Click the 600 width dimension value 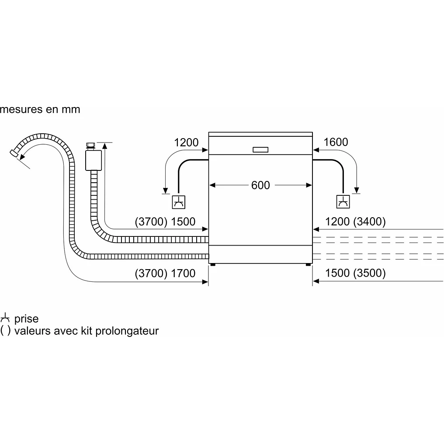260,185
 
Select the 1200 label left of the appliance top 186,142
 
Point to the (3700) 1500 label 165,222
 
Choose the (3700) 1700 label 165,274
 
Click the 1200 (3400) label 356,222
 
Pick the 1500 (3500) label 356,274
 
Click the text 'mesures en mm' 40,109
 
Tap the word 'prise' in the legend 26,319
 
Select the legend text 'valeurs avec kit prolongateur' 86,331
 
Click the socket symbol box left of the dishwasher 178,201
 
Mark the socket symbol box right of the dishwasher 343,201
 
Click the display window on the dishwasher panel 260,149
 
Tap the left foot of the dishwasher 212,264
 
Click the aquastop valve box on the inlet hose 92,160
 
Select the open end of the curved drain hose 14,153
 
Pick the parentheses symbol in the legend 5,331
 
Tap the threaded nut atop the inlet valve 91,146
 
